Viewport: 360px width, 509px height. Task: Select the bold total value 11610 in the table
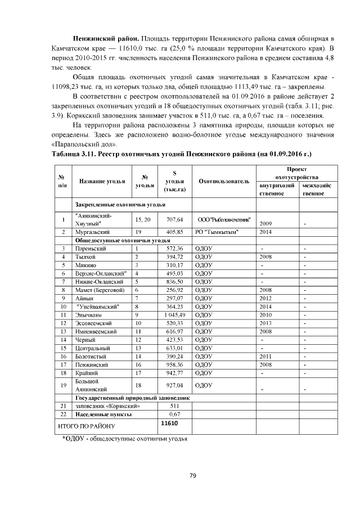pyautogui.click(x=169, y=422)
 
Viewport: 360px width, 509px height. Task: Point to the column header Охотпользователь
pyautogui.click(x=223, y=181)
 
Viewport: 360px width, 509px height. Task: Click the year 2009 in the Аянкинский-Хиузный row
pyautogui.click(x=265, y=223)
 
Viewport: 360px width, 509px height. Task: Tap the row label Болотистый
pyautogui.click(x=91, y=356)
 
